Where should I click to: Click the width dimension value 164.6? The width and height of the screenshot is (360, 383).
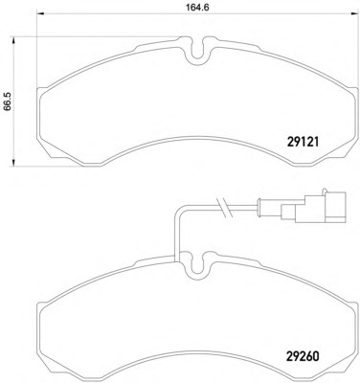[x=197, y=8]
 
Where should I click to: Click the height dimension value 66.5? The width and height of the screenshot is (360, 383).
[x=8, y=101]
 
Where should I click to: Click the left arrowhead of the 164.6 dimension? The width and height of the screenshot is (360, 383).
[x=41, y=13]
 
